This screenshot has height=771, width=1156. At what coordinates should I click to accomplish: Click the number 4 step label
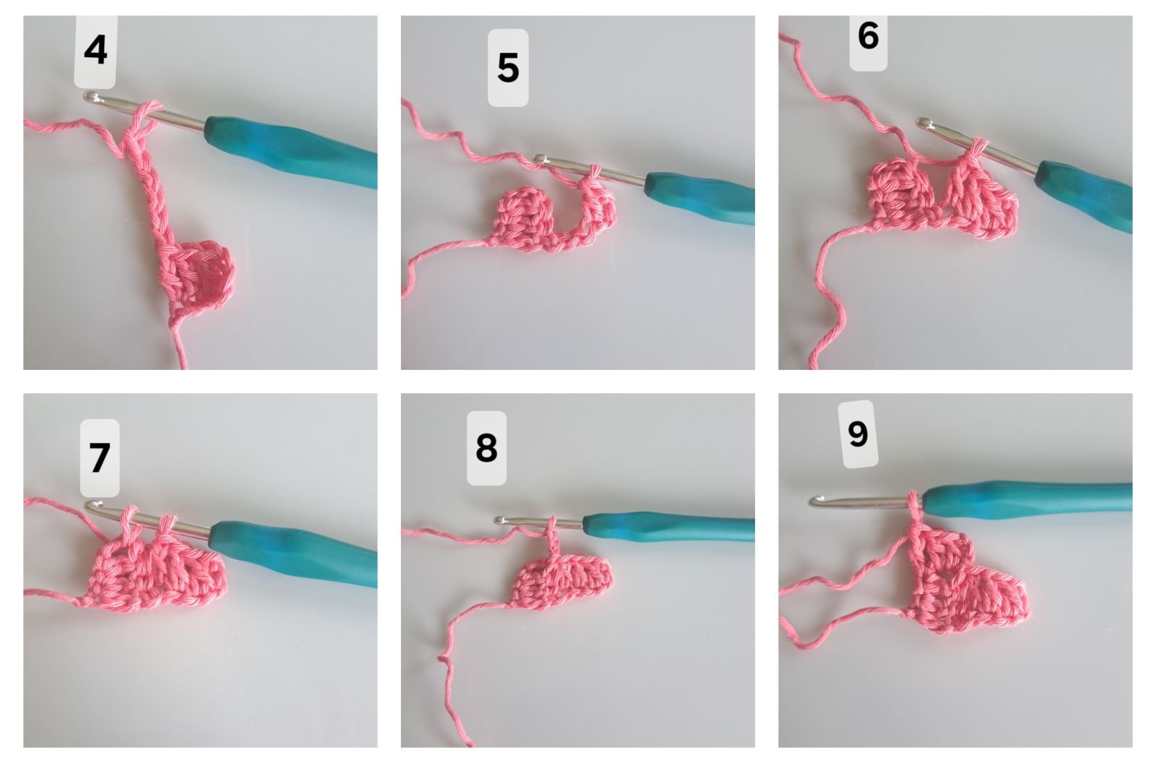(x=95, y=51)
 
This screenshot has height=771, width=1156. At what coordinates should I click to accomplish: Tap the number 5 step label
(x=508, y=68)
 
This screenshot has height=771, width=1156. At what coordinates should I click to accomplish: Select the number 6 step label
(x=868, y=37)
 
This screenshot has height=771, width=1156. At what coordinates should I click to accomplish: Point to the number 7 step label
(x=100, y=457)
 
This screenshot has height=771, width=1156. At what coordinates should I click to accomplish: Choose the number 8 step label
(x=487, y=448)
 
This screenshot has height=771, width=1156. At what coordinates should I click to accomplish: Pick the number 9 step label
(x=858, y=434)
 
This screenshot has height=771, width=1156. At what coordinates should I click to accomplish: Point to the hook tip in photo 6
(x=923, y=123)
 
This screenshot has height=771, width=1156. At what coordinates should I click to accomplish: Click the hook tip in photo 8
(x=500, y=520)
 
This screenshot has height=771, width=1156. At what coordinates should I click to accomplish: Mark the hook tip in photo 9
(x=816, y=500)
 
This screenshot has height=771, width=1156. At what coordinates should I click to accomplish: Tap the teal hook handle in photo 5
(x=700, y=198)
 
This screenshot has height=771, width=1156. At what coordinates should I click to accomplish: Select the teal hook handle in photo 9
(x=1027, y=499)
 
